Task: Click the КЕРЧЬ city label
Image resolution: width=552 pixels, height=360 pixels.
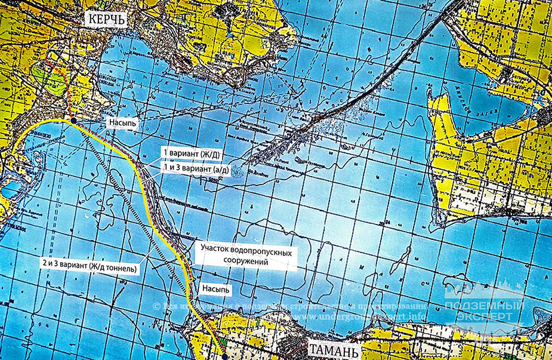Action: coord(107,19)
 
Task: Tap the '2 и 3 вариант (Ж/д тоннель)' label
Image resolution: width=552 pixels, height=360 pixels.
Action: coord(90,269)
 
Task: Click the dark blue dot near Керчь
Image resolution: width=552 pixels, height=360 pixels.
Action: coord(73,121)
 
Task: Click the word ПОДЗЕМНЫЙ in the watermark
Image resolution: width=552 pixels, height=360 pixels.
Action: coord(484,306)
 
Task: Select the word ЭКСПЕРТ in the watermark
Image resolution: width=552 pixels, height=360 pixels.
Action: coord(484,317)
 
